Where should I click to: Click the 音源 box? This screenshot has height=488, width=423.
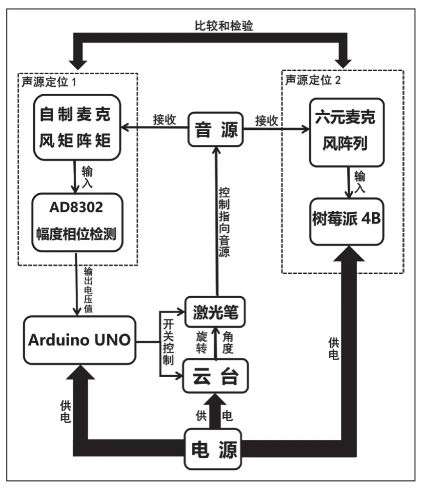pos(215,129)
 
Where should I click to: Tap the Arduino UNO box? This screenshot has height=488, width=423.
pos(79,340)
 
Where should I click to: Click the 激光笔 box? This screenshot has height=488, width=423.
pos(215,311)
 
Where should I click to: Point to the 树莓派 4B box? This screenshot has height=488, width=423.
pos(347,220)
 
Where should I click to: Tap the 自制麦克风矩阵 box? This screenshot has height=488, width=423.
pos(78,128)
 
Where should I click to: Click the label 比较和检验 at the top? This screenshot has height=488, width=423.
pos(214,27)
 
